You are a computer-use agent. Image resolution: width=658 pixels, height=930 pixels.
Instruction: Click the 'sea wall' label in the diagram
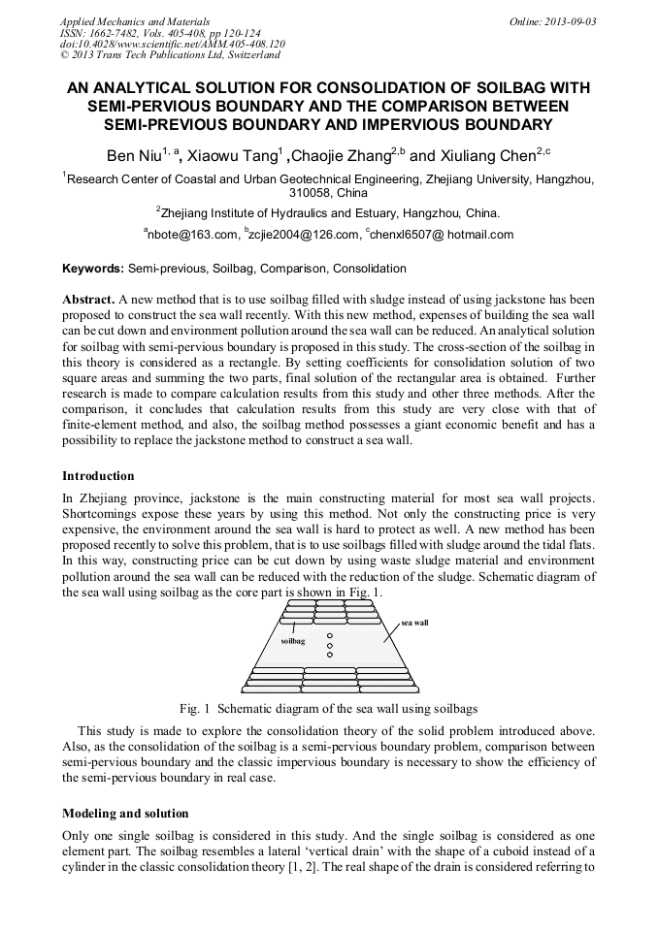[414, 623]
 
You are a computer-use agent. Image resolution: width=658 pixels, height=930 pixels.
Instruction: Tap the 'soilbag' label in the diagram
[292, 641]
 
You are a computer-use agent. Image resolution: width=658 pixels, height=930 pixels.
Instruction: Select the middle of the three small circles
[330, 645]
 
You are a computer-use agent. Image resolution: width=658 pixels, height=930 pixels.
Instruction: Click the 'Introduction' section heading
[98, 476]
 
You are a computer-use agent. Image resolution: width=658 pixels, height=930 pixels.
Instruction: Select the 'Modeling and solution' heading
[125, 813]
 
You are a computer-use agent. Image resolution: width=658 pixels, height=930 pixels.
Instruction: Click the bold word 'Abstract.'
[89, 302]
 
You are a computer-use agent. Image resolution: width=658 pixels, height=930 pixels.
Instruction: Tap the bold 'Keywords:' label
[93, 269]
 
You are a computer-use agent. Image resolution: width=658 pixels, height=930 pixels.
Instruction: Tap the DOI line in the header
[172, 45]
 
